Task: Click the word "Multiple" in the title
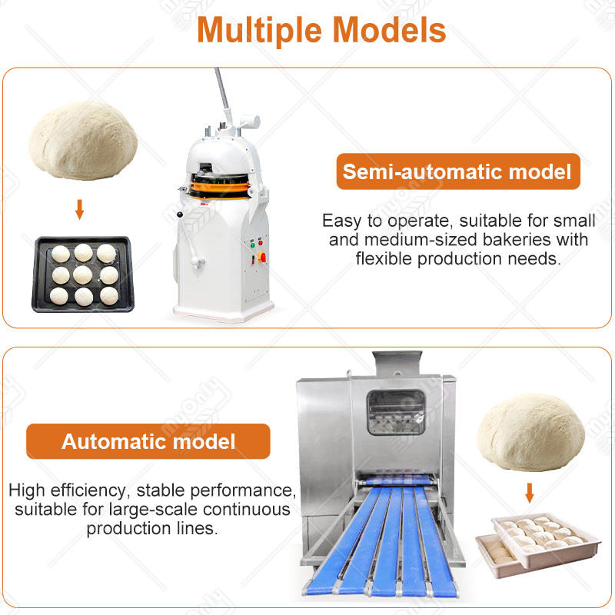(262, 31)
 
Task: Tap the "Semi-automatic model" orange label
(457, 171)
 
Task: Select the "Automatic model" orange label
(148, 441)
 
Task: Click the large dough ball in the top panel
(83, 141)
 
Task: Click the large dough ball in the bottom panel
(530, 430)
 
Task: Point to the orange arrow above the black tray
(79, 209)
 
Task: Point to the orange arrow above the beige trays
(529, 492)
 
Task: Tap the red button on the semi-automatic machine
(262, 258)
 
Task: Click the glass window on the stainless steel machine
(396, 412)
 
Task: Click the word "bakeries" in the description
(524, 240)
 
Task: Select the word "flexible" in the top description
(386, 258)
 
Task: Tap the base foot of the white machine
(223, 311)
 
